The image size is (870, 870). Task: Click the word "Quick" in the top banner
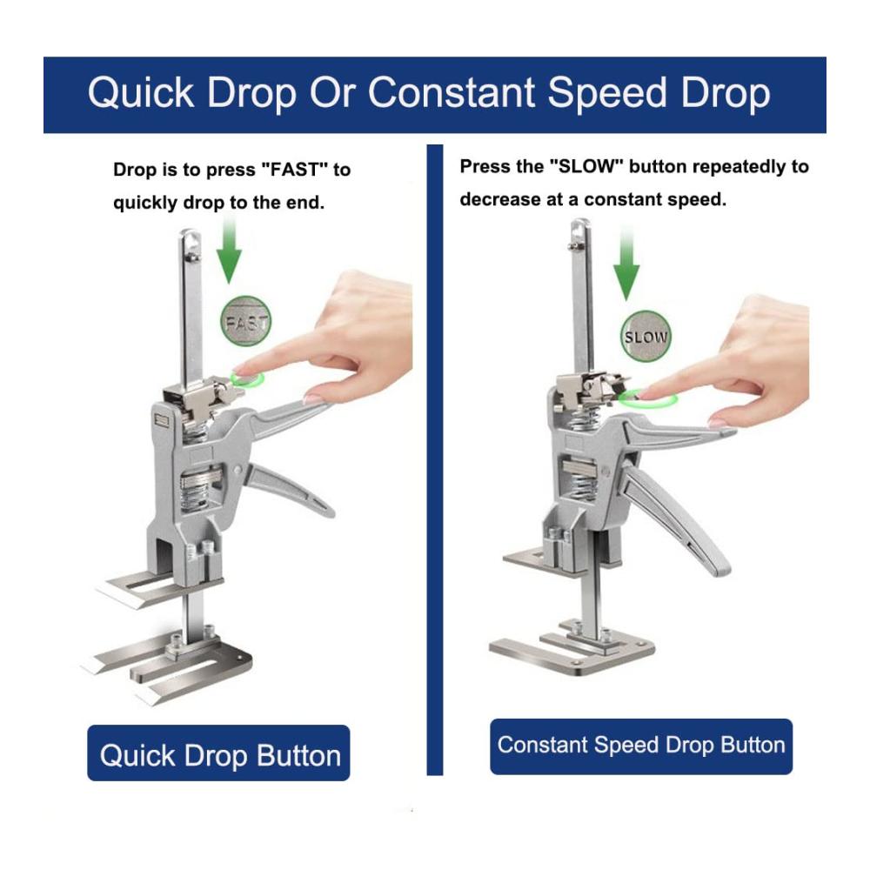141,93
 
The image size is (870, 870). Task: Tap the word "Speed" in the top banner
607,93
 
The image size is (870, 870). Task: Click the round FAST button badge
246,321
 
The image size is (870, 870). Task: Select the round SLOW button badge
646,336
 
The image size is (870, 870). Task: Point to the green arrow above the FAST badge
229,250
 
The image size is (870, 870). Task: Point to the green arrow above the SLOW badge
626,266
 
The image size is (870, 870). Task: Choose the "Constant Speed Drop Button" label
641,746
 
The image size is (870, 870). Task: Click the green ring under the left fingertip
247,379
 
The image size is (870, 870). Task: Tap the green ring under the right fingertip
648,398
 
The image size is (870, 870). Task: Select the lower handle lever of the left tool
289,489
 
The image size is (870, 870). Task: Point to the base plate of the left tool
166,669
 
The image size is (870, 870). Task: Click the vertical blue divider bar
434,459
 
